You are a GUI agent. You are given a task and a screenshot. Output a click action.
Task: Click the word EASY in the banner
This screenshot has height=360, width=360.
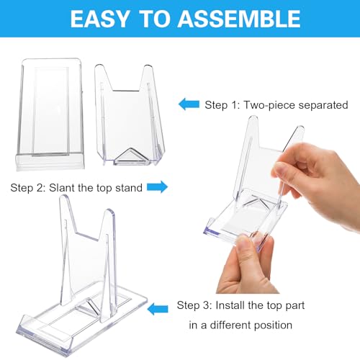[99, 19]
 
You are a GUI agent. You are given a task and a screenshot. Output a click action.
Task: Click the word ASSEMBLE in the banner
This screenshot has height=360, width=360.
[239, 19]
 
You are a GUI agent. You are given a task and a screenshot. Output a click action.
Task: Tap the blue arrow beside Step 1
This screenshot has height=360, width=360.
[189, 104]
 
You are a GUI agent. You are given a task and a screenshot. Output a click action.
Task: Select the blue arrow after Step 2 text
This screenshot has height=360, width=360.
[158, 186]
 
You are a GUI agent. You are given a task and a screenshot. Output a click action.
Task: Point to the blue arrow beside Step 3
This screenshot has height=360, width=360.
[158, 309]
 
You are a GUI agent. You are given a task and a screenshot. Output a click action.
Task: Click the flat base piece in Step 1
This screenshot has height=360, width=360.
[50, 114]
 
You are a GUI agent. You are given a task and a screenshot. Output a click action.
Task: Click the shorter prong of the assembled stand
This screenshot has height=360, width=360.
[109, 265]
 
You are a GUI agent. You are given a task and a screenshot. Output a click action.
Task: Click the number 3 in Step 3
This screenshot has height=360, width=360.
[206, 305]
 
